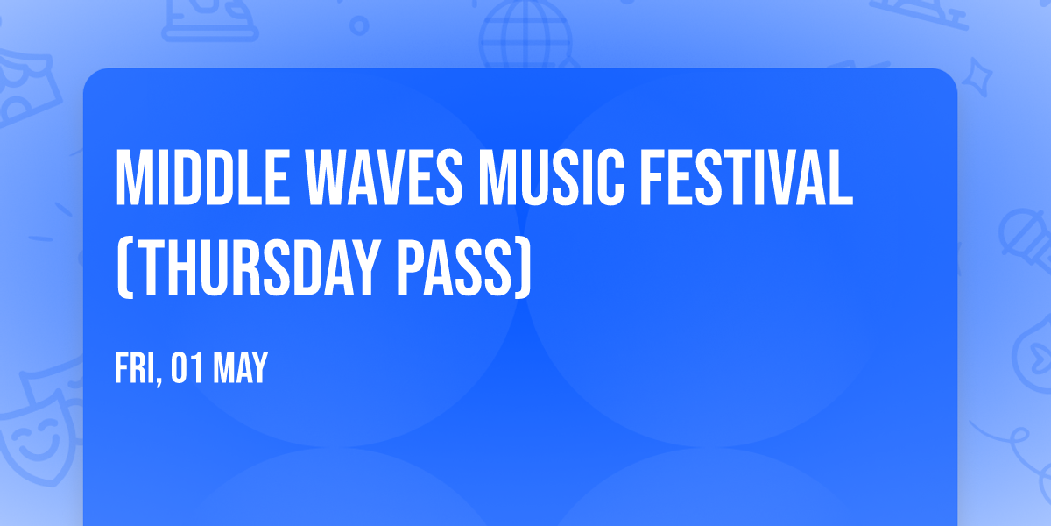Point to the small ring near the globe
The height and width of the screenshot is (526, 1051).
360,25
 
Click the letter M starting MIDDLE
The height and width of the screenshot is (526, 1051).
131,178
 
